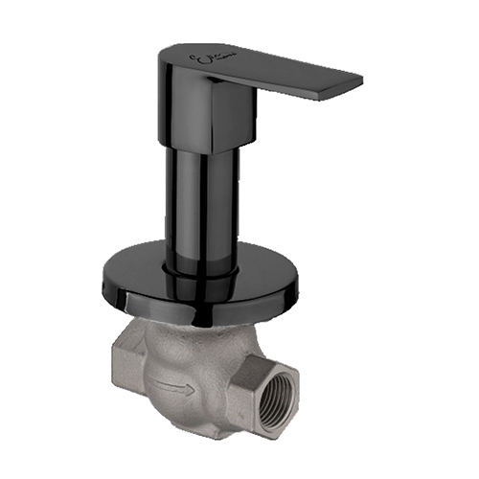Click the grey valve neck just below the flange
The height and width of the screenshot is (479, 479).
(192, 331)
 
